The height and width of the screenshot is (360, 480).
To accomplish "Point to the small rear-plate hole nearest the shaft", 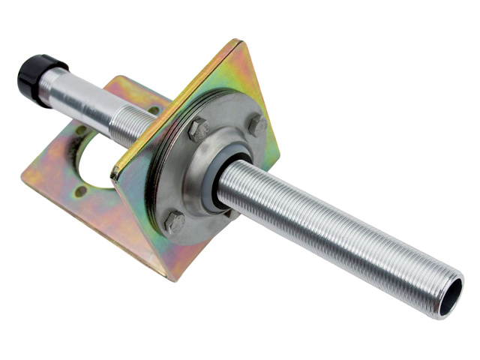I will [153, 109].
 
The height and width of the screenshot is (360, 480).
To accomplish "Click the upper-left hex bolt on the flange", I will [198, 129].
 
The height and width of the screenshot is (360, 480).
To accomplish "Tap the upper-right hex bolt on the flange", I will [257, 124].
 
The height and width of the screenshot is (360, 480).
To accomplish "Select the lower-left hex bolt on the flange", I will [173, 221].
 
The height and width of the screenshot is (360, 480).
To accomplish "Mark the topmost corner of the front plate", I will [239, 41].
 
